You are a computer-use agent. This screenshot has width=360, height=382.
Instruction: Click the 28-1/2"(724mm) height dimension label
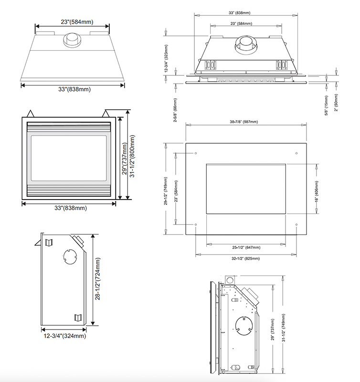98,279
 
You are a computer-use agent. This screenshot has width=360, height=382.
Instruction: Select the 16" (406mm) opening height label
316,189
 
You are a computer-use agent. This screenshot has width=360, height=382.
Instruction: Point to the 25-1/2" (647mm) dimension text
246,248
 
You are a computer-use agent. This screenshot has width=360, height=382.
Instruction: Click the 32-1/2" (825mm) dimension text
246,258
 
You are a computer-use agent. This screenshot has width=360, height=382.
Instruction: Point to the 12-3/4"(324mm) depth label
64,336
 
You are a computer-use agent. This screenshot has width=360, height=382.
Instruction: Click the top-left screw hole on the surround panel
196,153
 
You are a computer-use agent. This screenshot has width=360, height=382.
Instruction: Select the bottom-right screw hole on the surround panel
297,224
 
